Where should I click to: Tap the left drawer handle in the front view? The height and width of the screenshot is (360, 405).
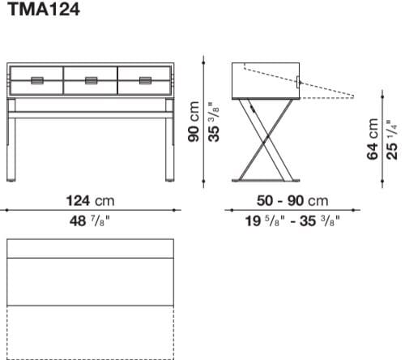[x=37, y=79]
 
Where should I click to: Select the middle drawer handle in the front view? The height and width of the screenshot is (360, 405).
[x=91, y=79]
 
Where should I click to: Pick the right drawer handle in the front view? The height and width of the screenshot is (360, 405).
[x=145, y=79]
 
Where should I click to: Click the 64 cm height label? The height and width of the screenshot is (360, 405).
[x=373, y=139]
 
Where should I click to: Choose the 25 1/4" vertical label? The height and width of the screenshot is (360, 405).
[x=391, y=139]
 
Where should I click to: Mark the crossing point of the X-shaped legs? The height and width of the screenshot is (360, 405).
[x=266, y=141]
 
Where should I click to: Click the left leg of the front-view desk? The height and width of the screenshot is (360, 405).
[x=13, y=146]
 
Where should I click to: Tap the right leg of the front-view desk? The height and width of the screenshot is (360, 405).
[x=169, y=146]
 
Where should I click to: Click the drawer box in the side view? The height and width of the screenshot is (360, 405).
[x=265, y=79]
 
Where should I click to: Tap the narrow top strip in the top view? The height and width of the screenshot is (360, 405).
[x=90, y=248]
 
